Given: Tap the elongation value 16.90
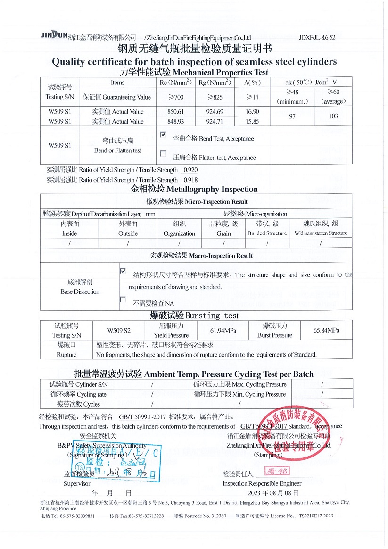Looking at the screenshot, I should pos(253,112).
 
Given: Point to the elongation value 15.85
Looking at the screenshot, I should pos(253,121).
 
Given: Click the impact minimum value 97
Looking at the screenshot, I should pos(292,116).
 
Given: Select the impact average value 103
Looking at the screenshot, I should pos(333,116).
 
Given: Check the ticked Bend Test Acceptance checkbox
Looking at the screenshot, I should pos(163,135).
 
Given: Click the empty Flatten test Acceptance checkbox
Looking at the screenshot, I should pos(163,153).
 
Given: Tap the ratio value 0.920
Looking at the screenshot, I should pos(190,170).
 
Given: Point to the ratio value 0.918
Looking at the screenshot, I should pos(190,180).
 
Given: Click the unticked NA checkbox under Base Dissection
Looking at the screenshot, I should pos(123,299).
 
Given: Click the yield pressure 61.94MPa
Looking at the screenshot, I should pos(223,330).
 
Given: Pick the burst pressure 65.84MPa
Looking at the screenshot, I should pos(326,330).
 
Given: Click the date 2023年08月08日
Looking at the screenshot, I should pos(273,493).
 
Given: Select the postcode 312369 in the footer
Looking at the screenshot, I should pos(219,516).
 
